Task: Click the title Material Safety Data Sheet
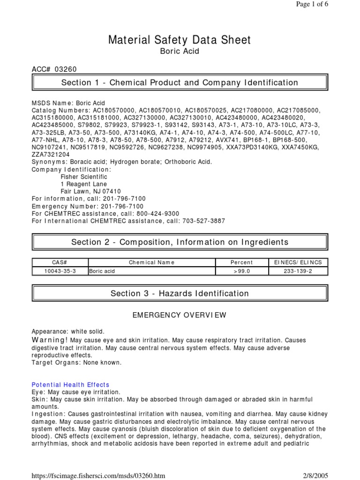coord(180,40)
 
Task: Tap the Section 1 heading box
coord(180,83)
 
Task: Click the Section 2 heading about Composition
coord(180,242)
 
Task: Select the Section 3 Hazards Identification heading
coord(180,294)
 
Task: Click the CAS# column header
coord(60,262)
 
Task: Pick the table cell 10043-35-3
coord(60,271)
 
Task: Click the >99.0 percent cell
coord(242,271)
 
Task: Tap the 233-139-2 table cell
coord(298,271)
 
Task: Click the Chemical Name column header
coord(151,262)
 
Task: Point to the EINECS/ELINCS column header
coord(298,262)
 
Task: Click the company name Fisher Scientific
coord(84,177)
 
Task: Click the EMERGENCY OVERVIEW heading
coord(180,315)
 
